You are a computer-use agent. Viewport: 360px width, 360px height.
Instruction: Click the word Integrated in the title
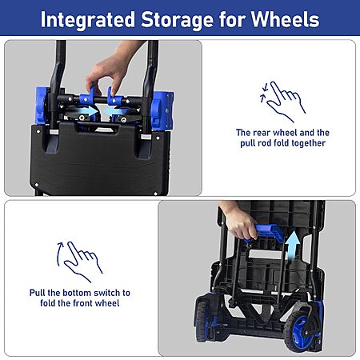[x=87, y=20]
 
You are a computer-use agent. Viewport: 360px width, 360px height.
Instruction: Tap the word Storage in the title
[x=178, y=20]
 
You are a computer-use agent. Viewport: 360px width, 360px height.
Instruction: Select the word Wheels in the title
[x=285, y=19]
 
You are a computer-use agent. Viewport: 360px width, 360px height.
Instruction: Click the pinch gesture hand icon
[x=283, y=102]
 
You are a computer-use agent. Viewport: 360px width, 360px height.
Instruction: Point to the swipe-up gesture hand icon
[x=79, y=262]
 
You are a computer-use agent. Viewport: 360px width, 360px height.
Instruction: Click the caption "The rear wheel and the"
[x=282, y=133]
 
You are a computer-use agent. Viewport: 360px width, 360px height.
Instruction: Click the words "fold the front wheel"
[x=80, y=303]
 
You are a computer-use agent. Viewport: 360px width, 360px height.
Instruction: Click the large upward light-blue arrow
[x=293, y=246]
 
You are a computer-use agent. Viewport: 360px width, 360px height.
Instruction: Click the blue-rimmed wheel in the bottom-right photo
[x=302, y=330]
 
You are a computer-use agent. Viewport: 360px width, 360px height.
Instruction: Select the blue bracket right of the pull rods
[x=162, y=110]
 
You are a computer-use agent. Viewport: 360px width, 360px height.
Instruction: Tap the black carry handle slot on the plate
[x=98, y=128]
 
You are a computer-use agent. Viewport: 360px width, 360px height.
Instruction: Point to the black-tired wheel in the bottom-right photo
[x=202, y=322]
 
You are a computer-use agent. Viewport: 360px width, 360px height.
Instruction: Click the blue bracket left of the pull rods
[x=42, y=106]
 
